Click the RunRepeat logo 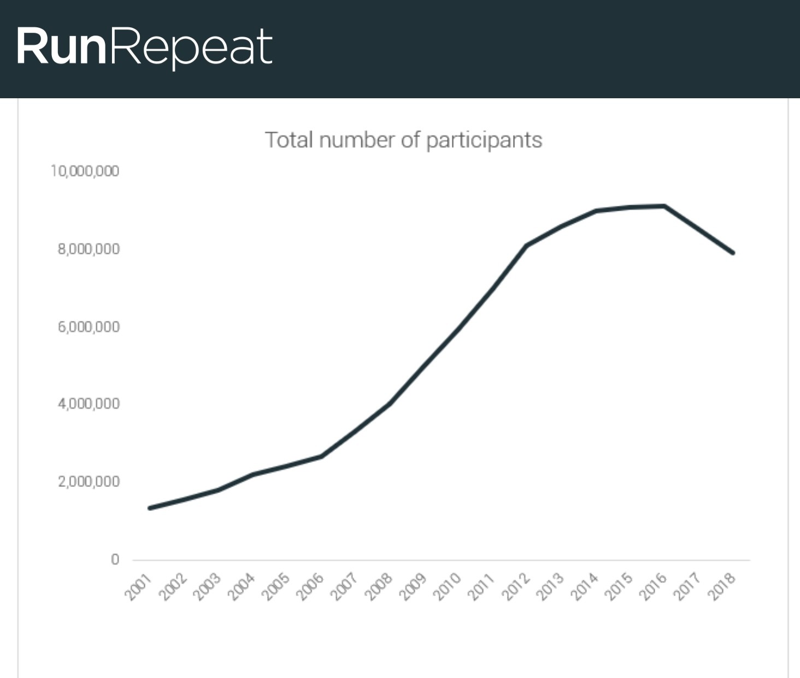144,47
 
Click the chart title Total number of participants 403,140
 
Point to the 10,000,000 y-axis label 85,171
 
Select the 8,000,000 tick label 89,249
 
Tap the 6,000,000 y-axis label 89,327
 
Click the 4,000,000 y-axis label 89,404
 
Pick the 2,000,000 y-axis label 89,481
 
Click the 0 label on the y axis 115,560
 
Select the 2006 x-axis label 310,586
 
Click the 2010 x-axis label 447,586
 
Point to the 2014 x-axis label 584,586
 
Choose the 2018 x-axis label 721,586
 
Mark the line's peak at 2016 664,206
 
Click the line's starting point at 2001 150,508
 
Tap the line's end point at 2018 733,253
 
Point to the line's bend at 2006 321,456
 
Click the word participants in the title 484,141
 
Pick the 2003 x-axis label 207,586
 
